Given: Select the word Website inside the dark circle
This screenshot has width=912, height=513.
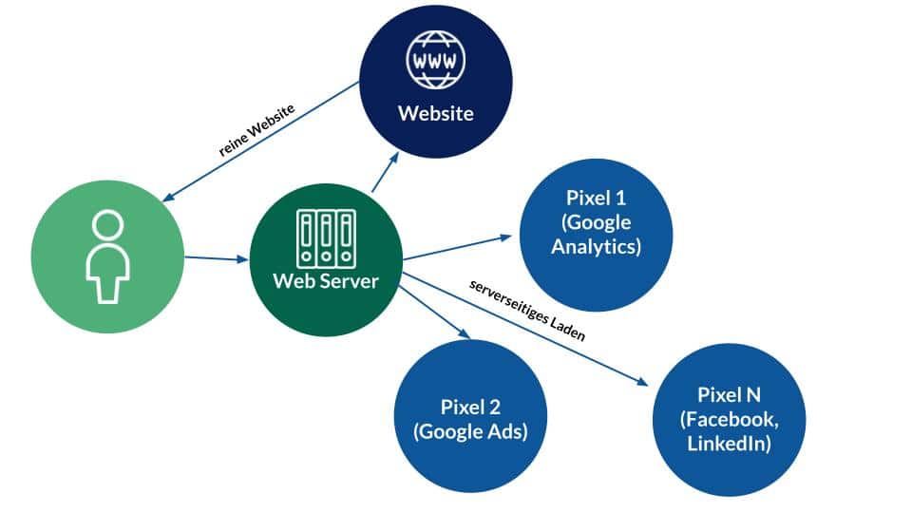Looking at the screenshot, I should click(x=435, y=114).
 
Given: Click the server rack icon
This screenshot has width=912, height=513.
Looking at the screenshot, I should click(x=326, y=237).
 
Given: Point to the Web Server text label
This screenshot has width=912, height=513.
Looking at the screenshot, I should click(x=326, y=282).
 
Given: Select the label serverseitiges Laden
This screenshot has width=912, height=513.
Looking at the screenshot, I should click(x=528, y=310).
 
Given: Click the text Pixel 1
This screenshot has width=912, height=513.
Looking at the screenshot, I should click(x=596, y=199).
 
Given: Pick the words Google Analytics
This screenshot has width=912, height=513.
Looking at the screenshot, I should click(x=596, y=236).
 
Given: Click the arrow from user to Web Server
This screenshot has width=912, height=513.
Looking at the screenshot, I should click(x=215, y=257).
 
